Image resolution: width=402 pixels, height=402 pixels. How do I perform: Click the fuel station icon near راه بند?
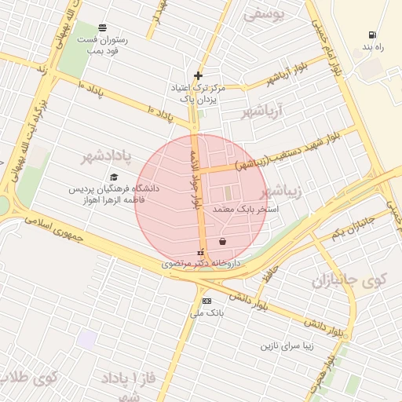[x=371, y=35]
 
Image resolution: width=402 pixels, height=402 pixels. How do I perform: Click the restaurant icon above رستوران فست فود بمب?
[x=104, y=27]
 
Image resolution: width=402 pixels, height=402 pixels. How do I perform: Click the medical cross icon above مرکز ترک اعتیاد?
[x=198, y=76]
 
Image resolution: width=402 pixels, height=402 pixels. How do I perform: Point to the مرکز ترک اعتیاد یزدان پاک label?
[x=198, y=94]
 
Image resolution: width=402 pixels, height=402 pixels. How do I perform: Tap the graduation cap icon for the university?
[x=114, y=177]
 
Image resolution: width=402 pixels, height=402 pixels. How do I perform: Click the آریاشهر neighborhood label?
[x=272, y=111]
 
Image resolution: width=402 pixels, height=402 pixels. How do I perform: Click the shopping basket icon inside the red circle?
[x=223, y=241]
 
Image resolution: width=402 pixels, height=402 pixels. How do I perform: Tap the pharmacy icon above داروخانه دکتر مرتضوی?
[x=200, y=254]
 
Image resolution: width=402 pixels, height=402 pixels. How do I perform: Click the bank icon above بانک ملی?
[x=206, y=301]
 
